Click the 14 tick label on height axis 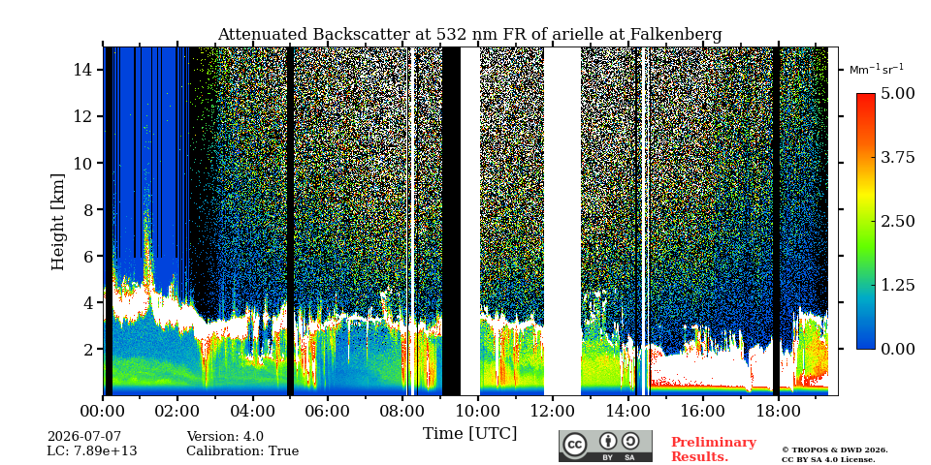coord(85,70)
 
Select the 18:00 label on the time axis coord(778,411)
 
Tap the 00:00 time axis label coord(103,411)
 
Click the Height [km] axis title coord(57,222)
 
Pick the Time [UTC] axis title coord(469,434)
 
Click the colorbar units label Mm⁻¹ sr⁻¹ coord(877,69)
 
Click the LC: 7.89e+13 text coord(92,451)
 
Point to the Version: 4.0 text coord(225,437)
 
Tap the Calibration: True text coord(242,451)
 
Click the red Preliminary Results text coord(714,449)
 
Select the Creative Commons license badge coord(605,446)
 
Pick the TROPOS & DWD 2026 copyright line coord(835,450)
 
